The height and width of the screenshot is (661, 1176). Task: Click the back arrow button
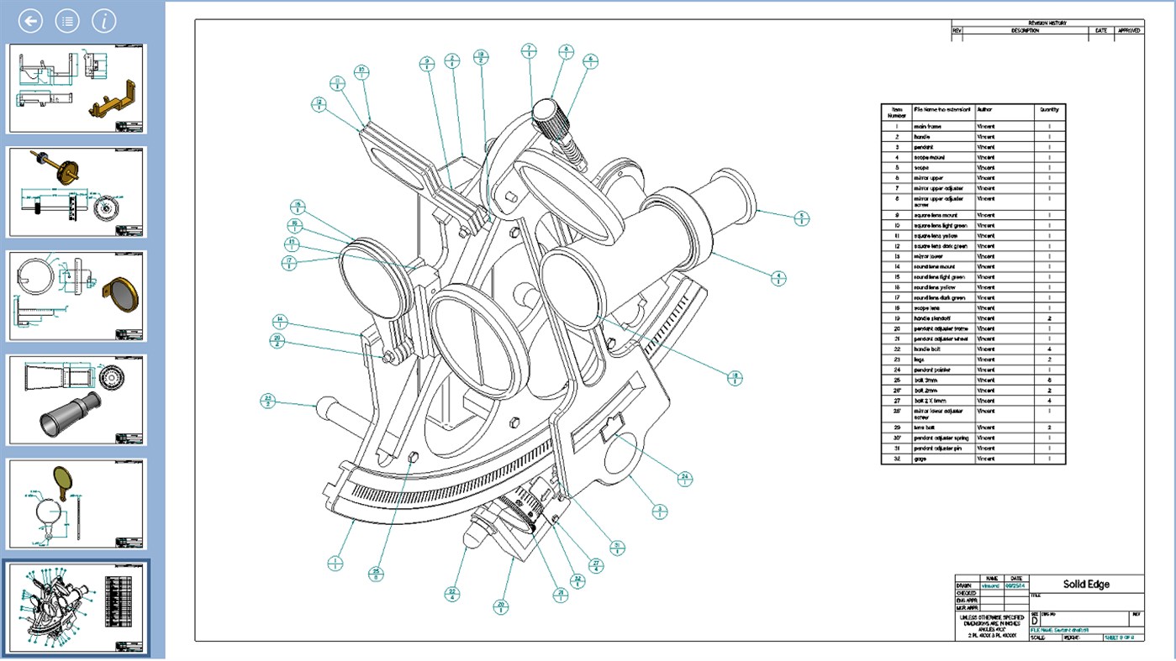30,21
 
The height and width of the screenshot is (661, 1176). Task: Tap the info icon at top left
103,21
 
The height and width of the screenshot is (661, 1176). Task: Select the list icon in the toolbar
67,21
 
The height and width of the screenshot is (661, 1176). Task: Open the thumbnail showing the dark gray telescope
77,400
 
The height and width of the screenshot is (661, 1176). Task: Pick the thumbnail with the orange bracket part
77,89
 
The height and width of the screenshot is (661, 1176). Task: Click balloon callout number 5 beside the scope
801,218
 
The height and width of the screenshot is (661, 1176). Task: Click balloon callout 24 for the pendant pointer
685,478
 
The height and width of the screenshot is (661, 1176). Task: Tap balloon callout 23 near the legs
268,401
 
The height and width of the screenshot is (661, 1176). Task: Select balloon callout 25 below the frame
376,574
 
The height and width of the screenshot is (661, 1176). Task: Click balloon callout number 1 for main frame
335,563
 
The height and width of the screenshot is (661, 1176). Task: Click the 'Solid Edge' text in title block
1086,585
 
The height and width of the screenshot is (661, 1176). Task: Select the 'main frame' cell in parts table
927,127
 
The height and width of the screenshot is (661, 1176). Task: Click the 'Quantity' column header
1049,109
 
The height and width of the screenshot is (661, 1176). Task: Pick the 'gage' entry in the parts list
921,459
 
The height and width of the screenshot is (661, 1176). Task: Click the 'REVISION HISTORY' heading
1047,23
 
